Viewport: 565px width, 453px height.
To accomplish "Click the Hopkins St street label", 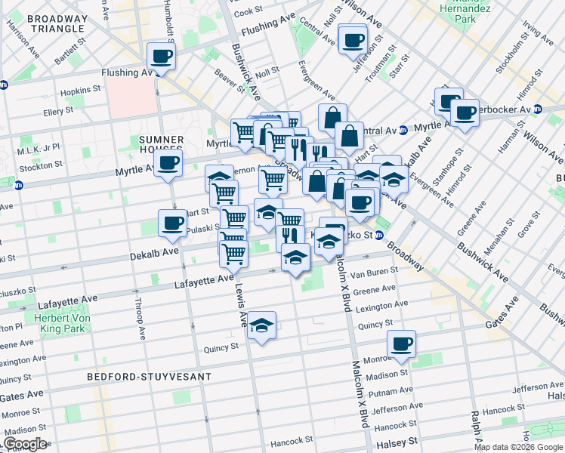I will pos(82,90).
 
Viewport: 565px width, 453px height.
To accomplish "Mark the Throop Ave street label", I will pos(140,323).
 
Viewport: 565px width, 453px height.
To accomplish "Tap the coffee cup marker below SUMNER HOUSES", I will pos(168,162).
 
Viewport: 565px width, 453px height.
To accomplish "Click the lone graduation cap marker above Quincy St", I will pos(262,325).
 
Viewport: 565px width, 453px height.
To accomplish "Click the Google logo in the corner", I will pos(25,444).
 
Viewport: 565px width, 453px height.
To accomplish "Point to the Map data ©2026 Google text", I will pos(518,447).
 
